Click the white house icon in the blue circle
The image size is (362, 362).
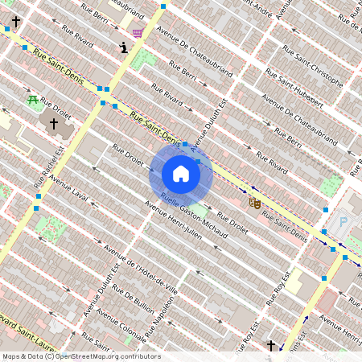[181, 174]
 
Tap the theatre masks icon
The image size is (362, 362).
[254, 203]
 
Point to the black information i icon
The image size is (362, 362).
[123, 47]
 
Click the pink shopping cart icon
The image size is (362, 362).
[138, 33]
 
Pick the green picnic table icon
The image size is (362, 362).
[32, 101]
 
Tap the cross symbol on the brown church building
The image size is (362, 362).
[54, 124]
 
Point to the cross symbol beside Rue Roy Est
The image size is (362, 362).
[271, 346]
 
